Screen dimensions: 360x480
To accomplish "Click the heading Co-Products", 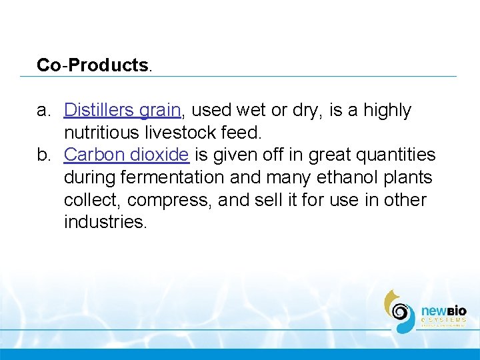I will (94, 65).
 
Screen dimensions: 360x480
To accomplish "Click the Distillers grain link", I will (122, 110).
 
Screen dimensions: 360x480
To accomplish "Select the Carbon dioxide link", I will (126, 155).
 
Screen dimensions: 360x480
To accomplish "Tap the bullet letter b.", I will (43, 155).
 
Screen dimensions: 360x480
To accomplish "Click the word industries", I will (105, 222).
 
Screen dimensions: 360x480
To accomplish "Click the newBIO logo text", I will (443, 311).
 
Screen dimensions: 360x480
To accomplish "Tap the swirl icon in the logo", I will (400, 311).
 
